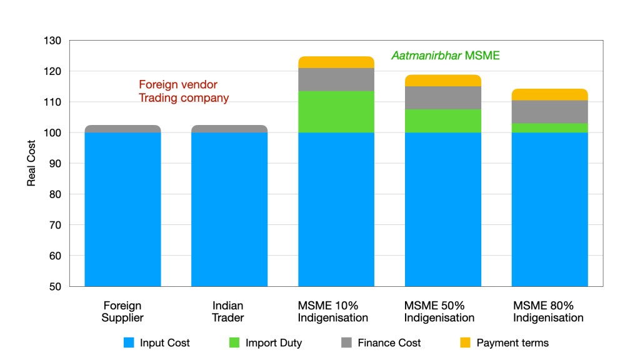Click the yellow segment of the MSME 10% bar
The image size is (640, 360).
click(336, 62)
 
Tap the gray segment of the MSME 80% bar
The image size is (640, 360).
click(549, 111)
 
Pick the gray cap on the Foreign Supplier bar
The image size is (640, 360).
click(122, 129)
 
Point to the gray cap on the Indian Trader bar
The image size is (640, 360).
click(229, 129)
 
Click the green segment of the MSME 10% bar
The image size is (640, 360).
click(336, 112)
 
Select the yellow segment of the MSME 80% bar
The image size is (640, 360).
click(549, 94)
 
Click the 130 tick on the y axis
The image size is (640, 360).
click(53, 41)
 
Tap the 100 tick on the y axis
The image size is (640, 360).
click(53, 133)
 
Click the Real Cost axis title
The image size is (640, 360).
click(31, 163)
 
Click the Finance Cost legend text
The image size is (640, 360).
click(389, 342)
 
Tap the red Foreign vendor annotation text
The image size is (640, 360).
click(178, 85)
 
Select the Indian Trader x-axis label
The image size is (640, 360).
click(228, 312)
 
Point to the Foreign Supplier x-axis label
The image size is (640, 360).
click(122, 312)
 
